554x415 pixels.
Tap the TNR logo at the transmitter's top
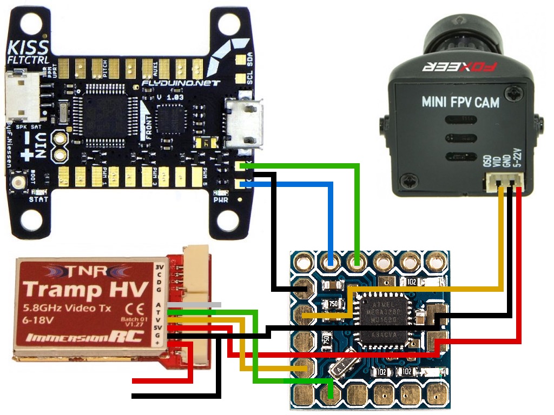pyautogui.click(x=88, y=270)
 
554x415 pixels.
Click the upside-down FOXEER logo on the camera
pyautogui.click(x=459, y=69)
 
